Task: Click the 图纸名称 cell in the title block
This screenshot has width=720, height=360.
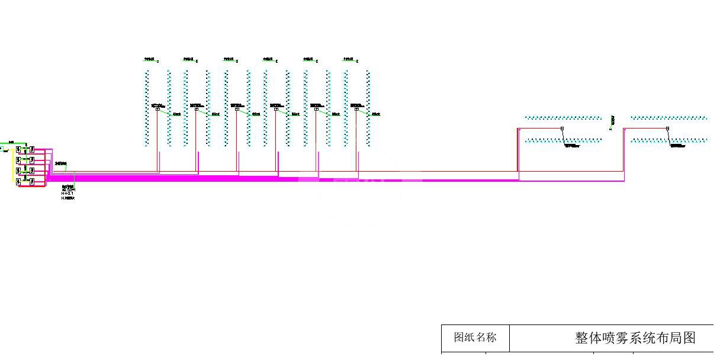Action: click(475, 337)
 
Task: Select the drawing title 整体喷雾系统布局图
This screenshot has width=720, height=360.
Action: click(635, 338)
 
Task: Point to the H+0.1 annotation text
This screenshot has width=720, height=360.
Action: click(67, 194)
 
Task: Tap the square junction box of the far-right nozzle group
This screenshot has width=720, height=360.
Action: click(667, 128)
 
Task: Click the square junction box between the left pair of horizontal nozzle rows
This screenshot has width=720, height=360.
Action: click(562, 128)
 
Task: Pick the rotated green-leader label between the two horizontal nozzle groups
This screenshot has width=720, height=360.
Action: click(612, 121)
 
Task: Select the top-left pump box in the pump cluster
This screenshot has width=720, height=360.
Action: click(18, 149)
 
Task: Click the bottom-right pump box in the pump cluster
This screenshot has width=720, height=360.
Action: click(32, 181)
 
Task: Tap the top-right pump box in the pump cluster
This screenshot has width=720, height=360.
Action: click(32, 149)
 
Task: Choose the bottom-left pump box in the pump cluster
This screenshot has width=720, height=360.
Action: click(18, 181)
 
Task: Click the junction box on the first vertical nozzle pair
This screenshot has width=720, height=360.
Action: click(157, 109)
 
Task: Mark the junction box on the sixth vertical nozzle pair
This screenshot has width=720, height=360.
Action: click(356, 109)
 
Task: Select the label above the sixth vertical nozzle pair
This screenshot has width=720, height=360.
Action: click(349, 60)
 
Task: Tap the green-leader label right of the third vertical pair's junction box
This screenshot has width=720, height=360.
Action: click(256, 114)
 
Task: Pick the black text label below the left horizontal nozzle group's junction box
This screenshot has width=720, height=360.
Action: click(572, 146)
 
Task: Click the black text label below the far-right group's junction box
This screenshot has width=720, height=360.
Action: click(678, 146)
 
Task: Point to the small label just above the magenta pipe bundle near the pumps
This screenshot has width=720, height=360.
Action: click(60, 163)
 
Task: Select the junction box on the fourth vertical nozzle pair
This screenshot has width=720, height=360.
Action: click(277, 109)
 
